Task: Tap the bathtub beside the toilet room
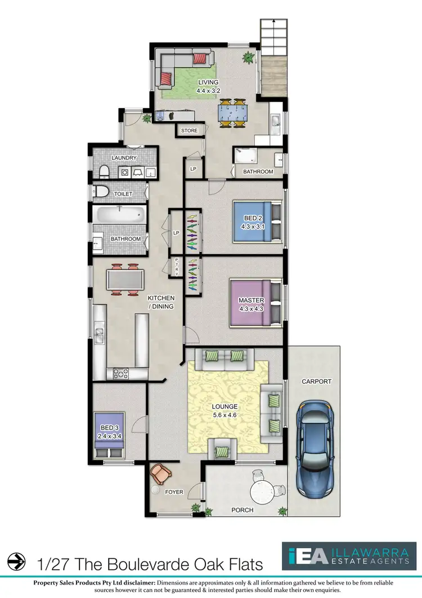tap(119, 214)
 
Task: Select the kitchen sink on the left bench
tap(99, 336)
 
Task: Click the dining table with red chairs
tap(124, 279)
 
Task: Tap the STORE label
tap(190, 131)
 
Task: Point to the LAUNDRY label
tap(124, 158)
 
